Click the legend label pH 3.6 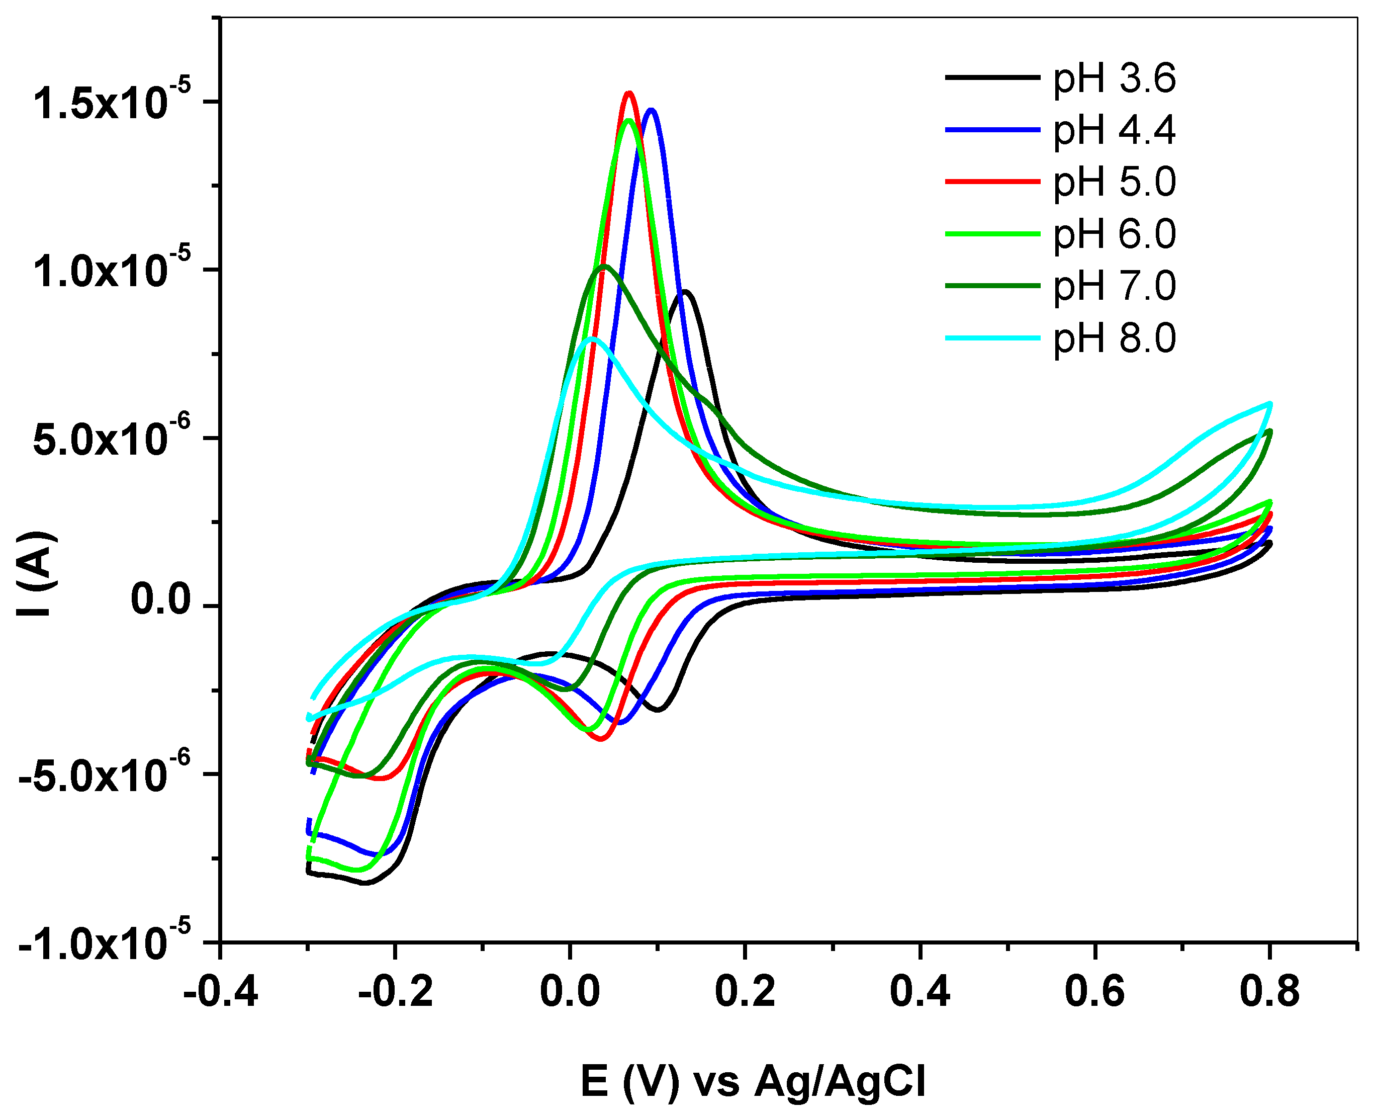[x=1114, y=78]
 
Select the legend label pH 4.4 [x=1114, y=131]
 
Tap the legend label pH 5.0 [x=1114, y=183]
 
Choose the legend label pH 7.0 [x=1114, y=287]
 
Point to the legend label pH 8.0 [x=1114, y=339]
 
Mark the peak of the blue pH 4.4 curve [x=652, y=110]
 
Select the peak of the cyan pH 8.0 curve [x=593, y=338]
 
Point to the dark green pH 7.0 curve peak [x=605, y=266]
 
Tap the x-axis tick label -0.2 [x=395, y=991]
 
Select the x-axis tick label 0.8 [x=1269, y=991]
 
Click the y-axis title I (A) [x=37, y=574]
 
